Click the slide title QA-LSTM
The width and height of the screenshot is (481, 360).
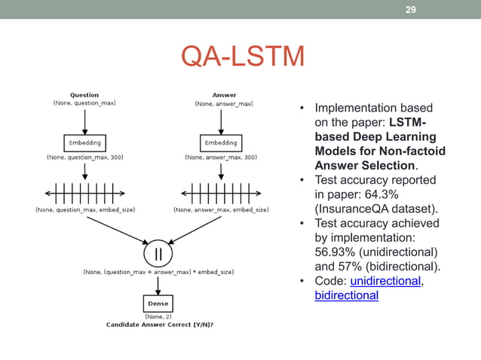click(x=243, y=57)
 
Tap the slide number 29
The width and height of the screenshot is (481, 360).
click(x=411, y=10)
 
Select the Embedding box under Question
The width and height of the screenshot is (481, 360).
click(x=84, y=142)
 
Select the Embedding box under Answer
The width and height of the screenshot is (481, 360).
click(x=220, y=142)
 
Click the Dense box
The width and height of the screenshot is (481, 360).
click(x=158, y=304)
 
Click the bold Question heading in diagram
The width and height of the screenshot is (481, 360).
click(x=84, y=95)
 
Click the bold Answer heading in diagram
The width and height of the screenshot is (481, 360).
click(x=224, y=95)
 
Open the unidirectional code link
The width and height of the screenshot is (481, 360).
click(x=386, y=281)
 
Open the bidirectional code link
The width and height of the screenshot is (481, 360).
click(x=346, y=295)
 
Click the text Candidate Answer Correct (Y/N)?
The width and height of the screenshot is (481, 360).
click(x=159, y=325)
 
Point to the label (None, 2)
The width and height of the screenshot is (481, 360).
click(x=158, y=317)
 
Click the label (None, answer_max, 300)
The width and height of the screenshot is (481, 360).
click(x=220, y=157)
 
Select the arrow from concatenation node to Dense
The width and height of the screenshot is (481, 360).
click(x=158, y=283)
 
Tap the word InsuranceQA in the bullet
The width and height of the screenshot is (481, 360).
click(x=353, y=209)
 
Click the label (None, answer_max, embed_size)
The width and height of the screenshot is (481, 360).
click(x=222, y=209)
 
